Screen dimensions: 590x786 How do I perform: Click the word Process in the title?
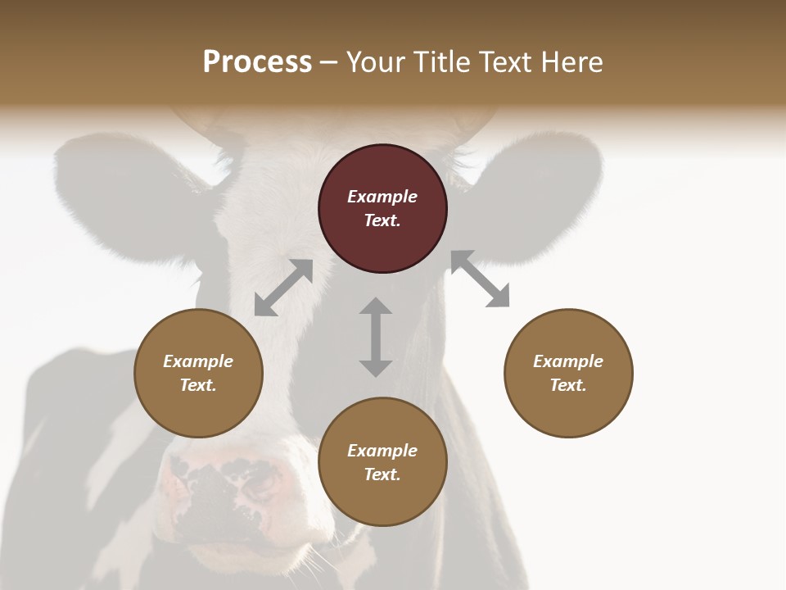click(x=257, y=62)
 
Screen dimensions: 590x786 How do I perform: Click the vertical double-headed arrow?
click(x=376, y=337)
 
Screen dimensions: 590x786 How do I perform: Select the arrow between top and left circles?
click(x=283, y=288)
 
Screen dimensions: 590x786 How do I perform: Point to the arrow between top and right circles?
click(x=480, y=279)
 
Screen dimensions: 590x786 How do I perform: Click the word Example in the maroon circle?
click(x=382, y=197)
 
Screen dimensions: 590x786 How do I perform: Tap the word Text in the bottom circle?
click(x=381, y=474)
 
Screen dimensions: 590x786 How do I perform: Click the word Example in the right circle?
click(x=568, y=361)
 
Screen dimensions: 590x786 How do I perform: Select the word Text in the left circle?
click(x=197, y=385)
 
